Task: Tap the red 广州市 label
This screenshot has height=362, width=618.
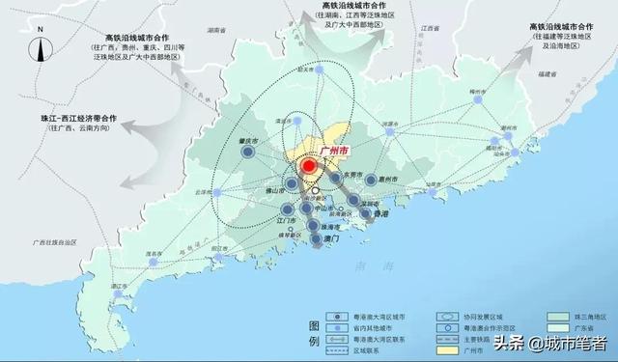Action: click(333, 151)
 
